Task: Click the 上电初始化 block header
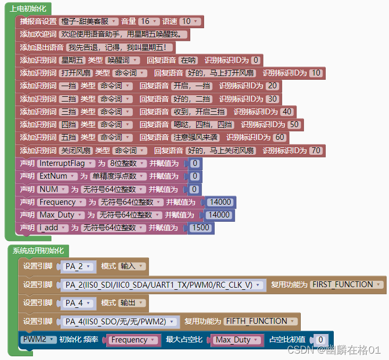tap(28, 9)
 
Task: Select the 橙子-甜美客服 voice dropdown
tap(89, 22)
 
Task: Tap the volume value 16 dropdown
tap(148, 22)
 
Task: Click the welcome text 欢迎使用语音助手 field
tap(124, 35)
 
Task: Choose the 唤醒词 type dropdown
tap(122, 60)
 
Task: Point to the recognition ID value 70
tap(316, 150)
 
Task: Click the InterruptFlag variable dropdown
tap(66, 163)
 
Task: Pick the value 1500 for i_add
tap(201, 228)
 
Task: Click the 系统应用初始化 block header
tap(38, 250)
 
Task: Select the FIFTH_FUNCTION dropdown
tap(259, 321)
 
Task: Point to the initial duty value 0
tap(320, 340)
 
